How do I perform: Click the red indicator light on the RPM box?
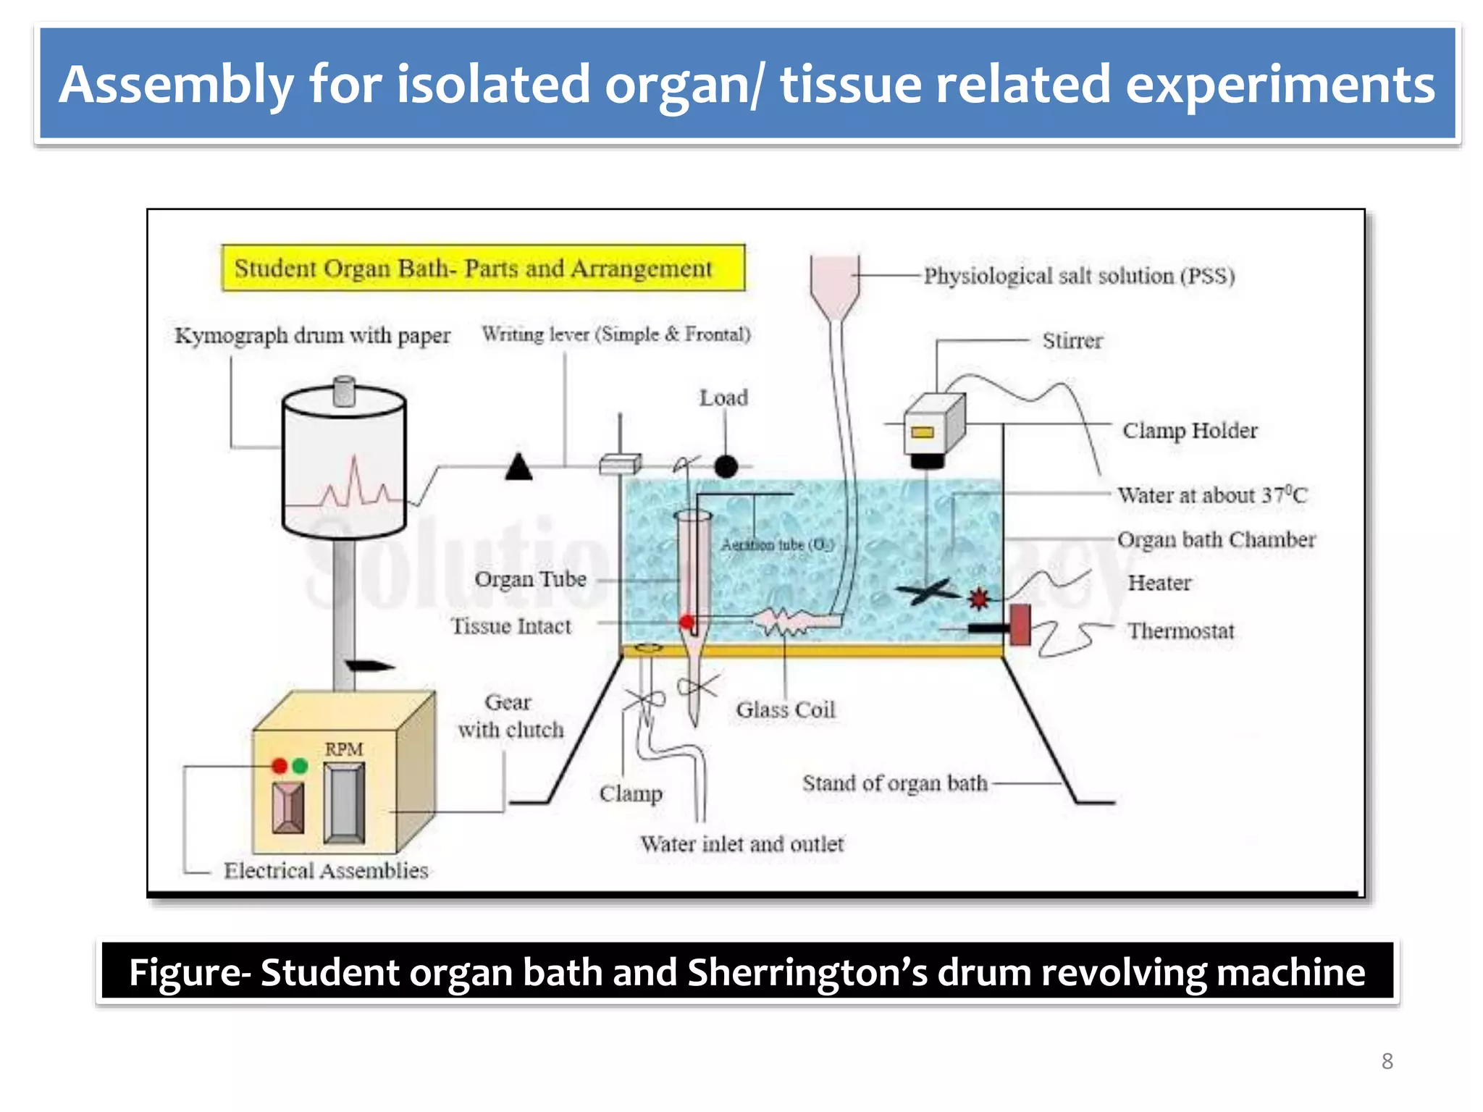(280, 766)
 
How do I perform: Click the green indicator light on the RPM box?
(300, 766)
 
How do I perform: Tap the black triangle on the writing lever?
(518, 468)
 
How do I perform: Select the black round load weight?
(726, 467)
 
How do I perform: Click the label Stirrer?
(1072, 341)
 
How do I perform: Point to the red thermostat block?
(1020, 625)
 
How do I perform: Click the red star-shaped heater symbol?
(978, 598)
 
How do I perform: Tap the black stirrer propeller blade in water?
(927, 592)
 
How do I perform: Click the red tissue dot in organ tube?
(686, 622)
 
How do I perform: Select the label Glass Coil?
(786, 709)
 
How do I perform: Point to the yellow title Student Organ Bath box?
(483, 269)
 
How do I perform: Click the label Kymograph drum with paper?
(312, 336)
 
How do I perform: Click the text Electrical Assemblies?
(326, 870)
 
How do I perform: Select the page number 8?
(1387, 1061)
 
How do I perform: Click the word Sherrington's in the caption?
(807, 972)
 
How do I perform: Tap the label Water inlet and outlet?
(741, 844)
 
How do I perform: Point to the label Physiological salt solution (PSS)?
(1079, 276)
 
